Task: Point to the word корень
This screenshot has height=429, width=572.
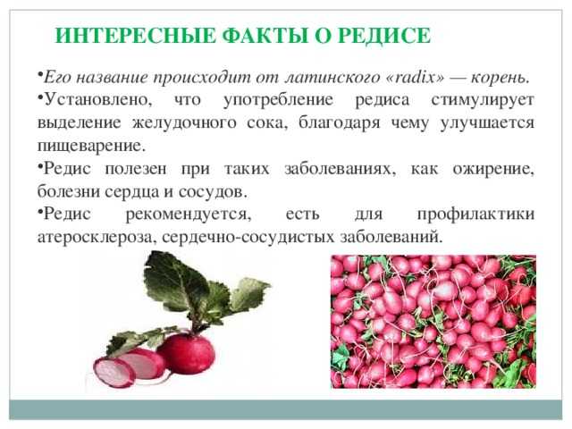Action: pos(500,78)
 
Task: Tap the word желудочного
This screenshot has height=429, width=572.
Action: pos(184,123)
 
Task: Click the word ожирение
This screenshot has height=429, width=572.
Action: pos(493,169)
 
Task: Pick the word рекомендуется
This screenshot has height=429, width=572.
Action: pos(189,214)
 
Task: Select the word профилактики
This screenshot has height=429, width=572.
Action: pos(475,214)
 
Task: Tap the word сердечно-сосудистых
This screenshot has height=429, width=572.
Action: pos(248,238)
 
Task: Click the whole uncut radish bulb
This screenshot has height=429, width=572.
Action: pos(186,354)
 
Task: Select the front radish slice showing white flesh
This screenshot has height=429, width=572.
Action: pos(114,373)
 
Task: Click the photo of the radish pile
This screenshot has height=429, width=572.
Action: pos(433,322)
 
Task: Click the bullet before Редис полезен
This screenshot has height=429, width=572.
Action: pos(39,165)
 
